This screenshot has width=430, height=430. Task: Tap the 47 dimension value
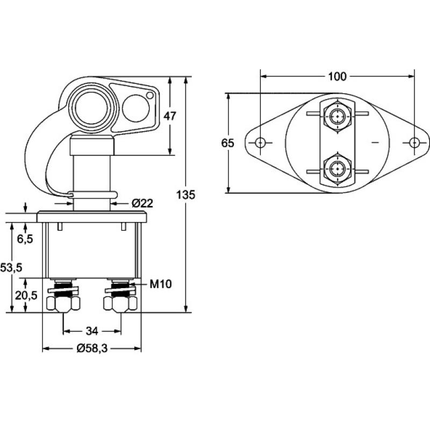[x=170, y=116]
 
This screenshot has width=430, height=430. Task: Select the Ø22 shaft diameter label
[x=142, y=203]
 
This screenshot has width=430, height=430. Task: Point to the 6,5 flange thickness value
[x=25, y=239]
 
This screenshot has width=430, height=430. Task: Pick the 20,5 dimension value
[x=25, y=295]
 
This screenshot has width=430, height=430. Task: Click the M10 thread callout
[x=160, y=284]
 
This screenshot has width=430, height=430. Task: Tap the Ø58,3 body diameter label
[x=92, y=349]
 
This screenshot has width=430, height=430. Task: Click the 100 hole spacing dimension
[x=337, y=76]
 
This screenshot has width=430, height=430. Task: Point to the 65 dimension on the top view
[x=228, y=143]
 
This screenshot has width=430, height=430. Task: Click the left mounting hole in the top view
[x=260, y=143]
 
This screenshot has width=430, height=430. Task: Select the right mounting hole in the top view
[x=414, y=142]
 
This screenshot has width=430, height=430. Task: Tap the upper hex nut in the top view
[x=337, y=115]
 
